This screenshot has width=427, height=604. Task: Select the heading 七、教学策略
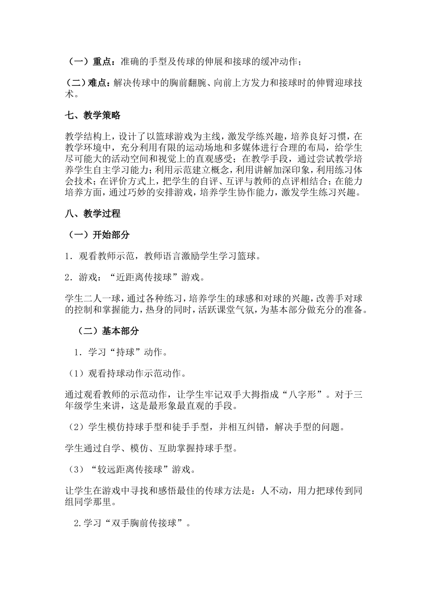click(93, 115)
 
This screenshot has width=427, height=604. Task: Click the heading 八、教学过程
click(93, 213)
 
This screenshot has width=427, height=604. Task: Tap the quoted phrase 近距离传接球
click(144, 278)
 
